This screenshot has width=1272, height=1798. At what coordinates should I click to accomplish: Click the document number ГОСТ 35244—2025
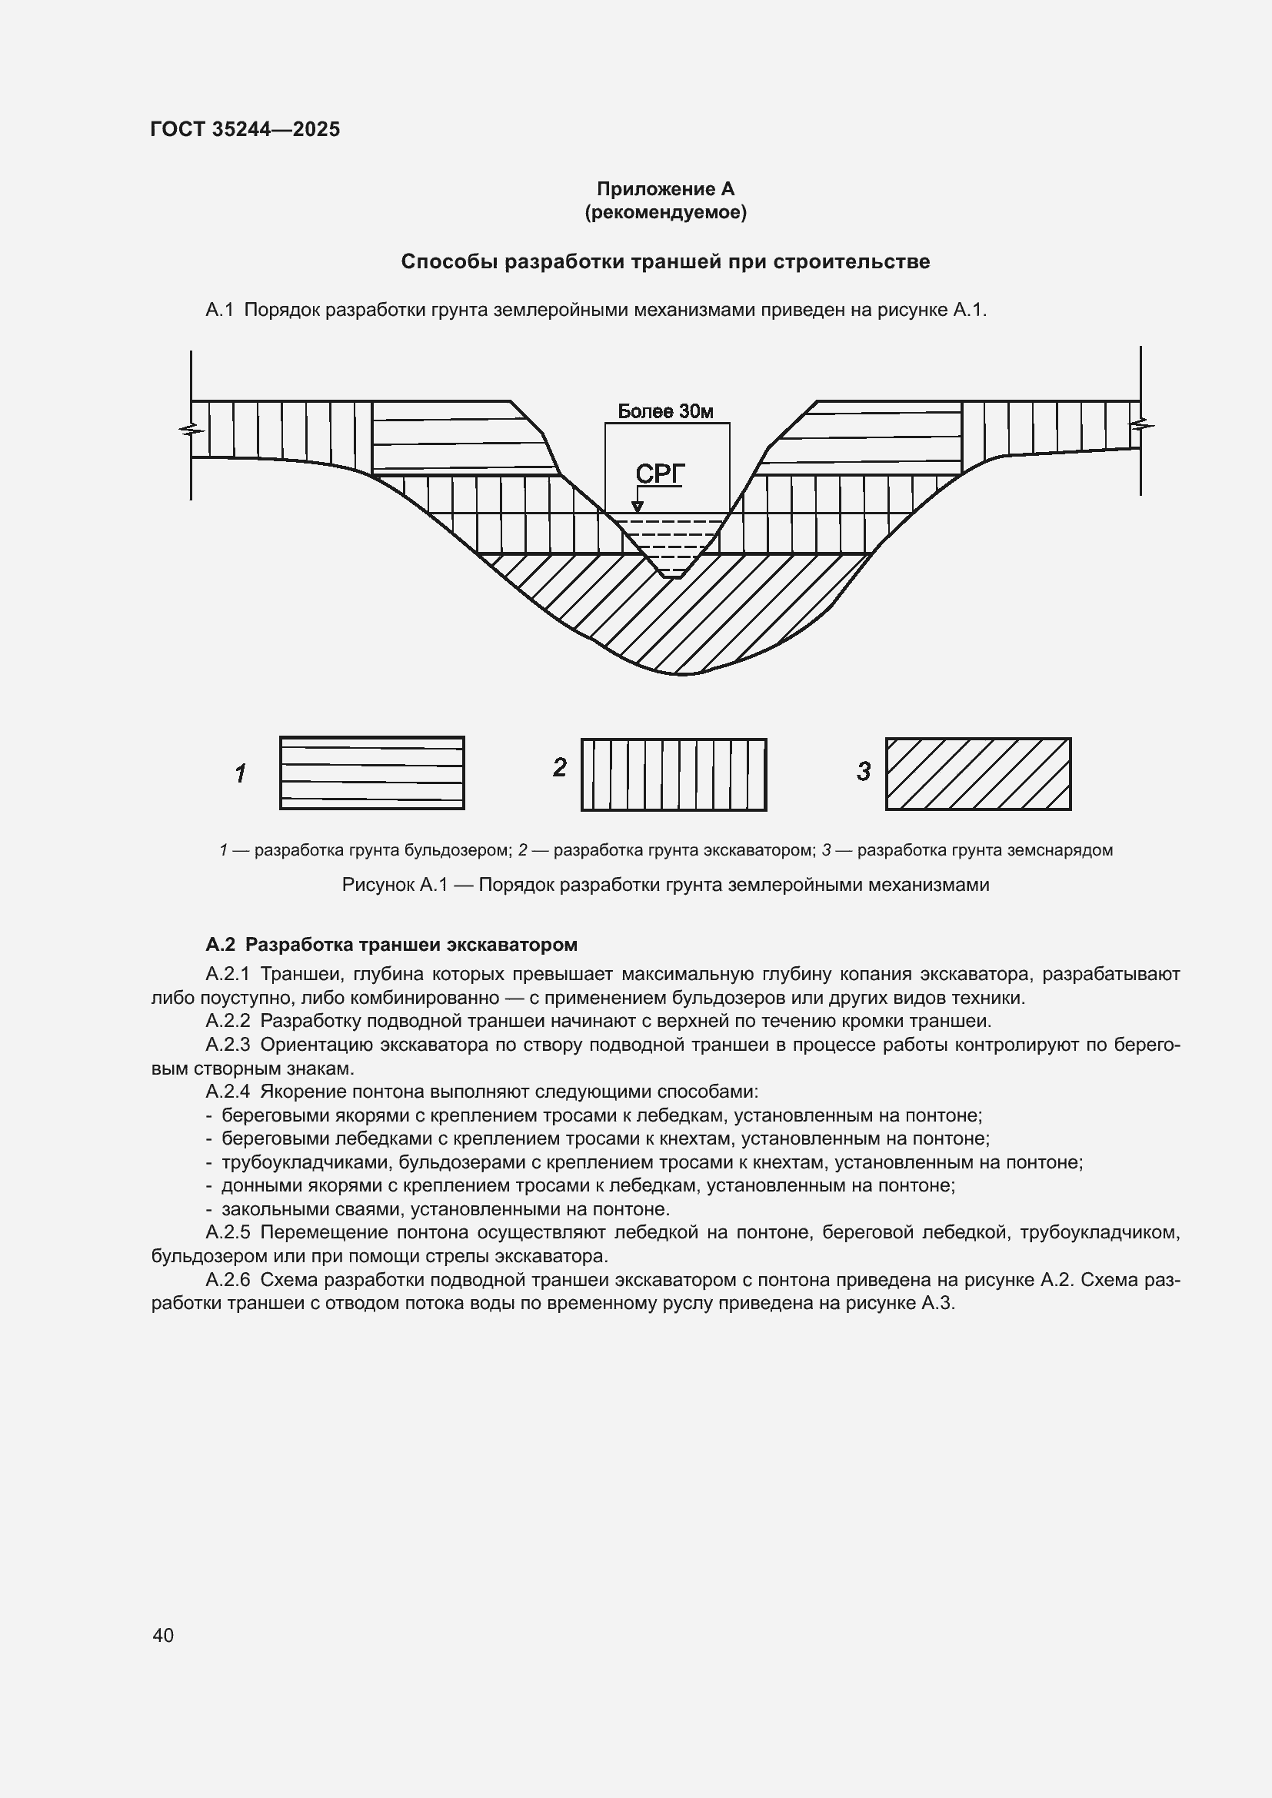click(x=245, y=129)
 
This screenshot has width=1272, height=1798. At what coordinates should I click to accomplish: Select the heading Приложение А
click(x=665, y=189)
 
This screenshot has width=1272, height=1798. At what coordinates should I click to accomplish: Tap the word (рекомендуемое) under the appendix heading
click(x=665, y=212)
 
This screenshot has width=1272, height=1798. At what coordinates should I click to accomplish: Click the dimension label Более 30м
click(x=665, y=411)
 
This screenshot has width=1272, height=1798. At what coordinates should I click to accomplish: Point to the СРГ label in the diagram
click(x=660, y=474)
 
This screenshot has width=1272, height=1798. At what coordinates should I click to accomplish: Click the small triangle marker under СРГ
click(x=638, y=507)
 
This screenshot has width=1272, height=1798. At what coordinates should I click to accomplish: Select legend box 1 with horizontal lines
click(x=372, y=773)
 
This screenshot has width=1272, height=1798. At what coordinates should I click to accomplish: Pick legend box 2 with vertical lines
click(x=674, y=775)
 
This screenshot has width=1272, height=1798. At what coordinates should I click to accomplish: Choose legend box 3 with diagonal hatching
click(x=978, y=774)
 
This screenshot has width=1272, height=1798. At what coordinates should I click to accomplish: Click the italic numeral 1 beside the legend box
click(x=241, y=774)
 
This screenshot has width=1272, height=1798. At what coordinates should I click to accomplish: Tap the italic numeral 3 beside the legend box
click(x=863, y=772)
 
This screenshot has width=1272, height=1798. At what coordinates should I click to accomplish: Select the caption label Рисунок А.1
click(x=394, y=885)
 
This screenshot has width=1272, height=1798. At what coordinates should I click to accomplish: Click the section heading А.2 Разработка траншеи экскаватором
click(x=391, y=945)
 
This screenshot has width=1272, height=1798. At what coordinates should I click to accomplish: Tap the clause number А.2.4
click(x=228, y=1092)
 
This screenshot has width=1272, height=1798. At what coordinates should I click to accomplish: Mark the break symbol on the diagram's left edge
click(x=190, y=429)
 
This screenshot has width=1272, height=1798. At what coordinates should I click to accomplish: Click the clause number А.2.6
click(x=228, y=1280)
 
